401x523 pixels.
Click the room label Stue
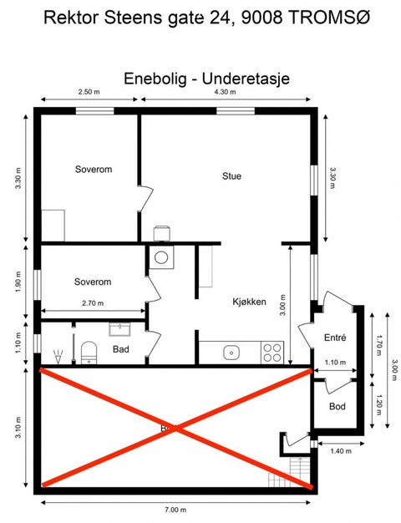point(231,176)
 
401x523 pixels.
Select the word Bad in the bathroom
point(120,349)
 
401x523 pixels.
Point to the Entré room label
point(335,338)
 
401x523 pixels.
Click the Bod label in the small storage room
point(337,406)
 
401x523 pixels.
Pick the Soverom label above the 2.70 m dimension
point(93,282)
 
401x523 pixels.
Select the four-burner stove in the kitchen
point(272,353)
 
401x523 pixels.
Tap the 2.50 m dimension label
point(89,91)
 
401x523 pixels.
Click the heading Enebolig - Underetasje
point(206,78)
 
